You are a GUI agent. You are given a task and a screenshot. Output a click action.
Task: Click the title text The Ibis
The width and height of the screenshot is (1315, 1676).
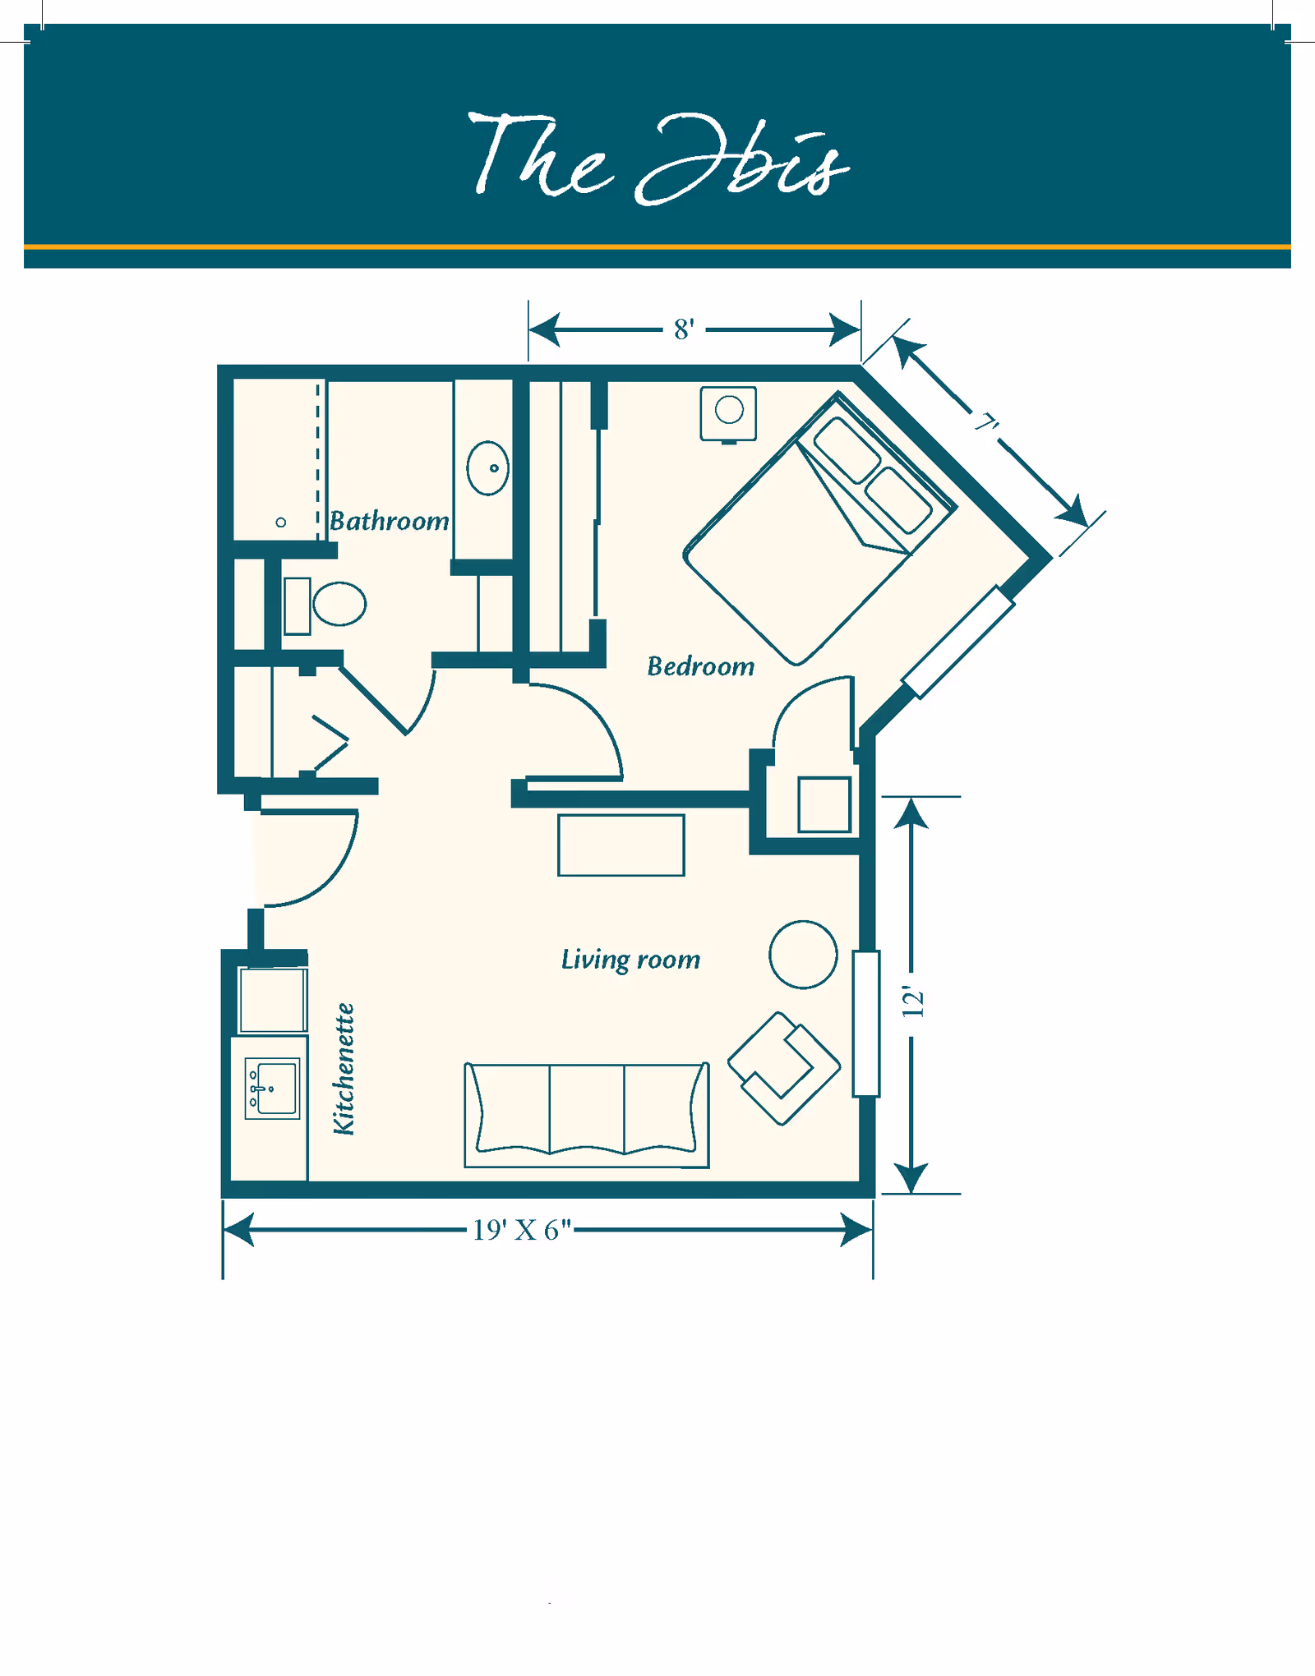tap(657, 158)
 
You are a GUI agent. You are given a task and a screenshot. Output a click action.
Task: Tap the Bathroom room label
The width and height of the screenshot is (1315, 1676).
tap(389, 521)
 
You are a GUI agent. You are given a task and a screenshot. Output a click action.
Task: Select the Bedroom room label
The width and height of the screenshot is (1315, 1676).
tap(700, 666)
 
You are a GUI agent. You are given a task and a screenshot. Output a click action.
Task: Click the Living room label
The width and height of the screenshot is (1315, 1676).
tap(630, 960)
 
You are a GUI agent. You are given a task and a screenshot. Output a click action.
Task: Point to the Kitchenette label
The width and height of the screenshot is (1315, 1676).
tap(344, 1069)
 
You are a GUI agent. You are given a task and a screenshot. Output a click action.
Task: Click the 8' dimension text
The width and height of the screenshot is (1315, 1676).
tap(684, 329)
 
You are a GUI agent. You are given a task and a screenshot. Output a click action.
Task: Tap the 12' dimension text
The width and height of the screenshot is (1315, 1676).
tap(913, 1002)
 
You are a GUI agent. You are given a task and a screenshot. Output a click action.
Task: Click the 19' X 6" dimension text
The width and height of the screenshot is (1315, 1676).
tap(522, 1230)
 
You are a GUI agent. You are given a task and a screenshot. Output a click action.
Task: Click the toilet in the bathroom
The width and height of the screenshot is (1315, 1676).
tap(338, 605)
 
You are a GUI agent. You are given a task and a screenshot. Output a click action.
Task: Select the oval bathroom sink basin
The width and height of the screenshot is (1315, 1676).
tap(487, 468)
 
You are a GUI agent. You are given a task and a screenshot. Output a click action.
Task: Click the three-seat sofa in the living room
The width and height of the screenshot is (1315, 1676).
tap(586, 1113)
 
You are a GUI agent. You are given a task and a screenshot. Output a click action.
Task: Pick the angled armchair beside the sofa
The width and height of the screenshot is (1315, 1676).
tap(783, 1068)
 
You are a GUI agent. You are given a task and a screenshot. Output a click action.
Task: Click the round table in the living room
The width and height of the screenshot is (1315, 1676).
tap(803, 955)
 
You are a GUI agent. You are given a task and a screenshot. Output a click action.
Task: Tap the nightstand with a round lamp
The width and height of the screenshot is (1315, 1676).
tap(728, 412)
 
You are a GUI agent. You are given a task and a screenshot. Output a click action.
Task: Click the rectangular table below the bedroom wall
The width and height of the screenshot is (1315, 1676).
tap(621, 845)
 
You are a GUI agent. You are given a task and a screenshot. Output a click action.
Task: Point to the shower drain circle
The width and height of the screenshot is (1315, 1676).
tap(281, 523)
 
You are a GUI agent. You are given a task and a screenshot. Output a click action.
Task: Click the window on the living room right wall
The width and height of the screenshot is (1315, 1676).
tap(866, 1023)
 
